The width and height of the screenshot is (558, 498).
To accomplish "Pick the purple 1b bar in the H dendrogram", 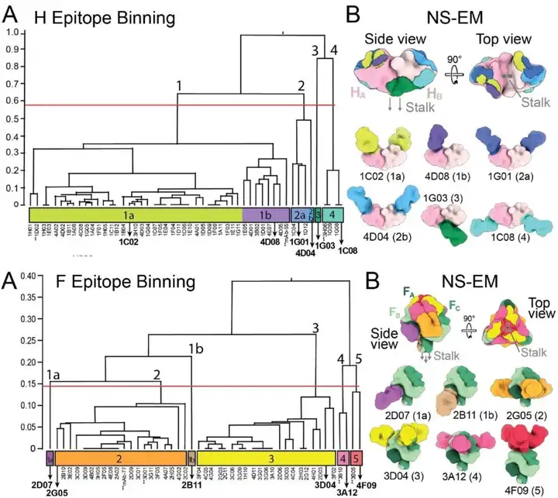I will point(266,213).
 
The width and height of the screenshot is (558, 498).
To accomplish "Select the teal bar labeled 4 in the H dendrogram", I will point(332,213).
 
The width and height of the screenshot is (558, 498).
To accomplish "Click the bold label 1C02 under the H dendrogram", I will point(129,242).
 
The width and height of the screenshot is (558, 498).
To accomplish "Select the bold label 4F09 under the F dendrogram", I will point(367,485).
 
